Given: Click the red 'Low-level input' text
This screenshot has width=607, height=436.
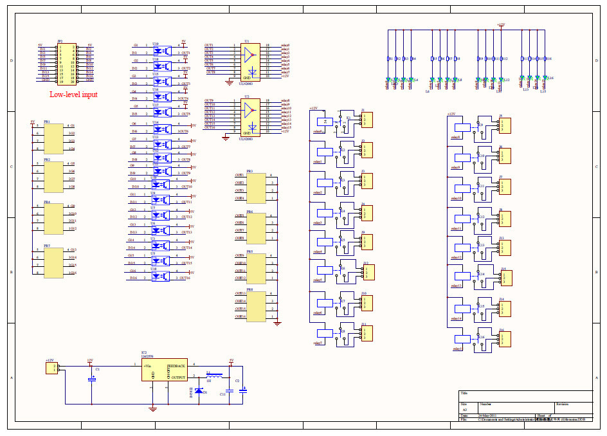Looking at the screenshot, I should (73, 95).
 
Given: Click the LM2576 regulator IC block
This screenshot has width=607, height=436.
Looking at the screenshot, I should (165, 370).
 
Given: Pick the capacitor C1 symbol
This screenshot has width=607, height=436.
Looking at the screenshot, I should (91, 380).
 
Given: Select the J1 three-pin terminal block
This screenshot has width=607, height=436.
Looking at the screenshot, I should (367, 120).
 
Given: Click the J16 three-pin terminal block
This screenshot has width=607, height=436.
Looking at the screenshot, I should (505, 340).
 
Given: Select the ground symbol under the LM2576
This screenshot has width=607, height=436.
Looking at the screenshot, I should (152, 408).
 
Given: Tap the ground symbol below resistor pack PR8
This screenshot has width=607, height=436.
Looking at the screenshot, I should (277, 323).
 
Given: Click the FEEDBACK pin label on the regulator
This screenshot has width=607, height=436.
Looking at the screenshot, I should (177, 365).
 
